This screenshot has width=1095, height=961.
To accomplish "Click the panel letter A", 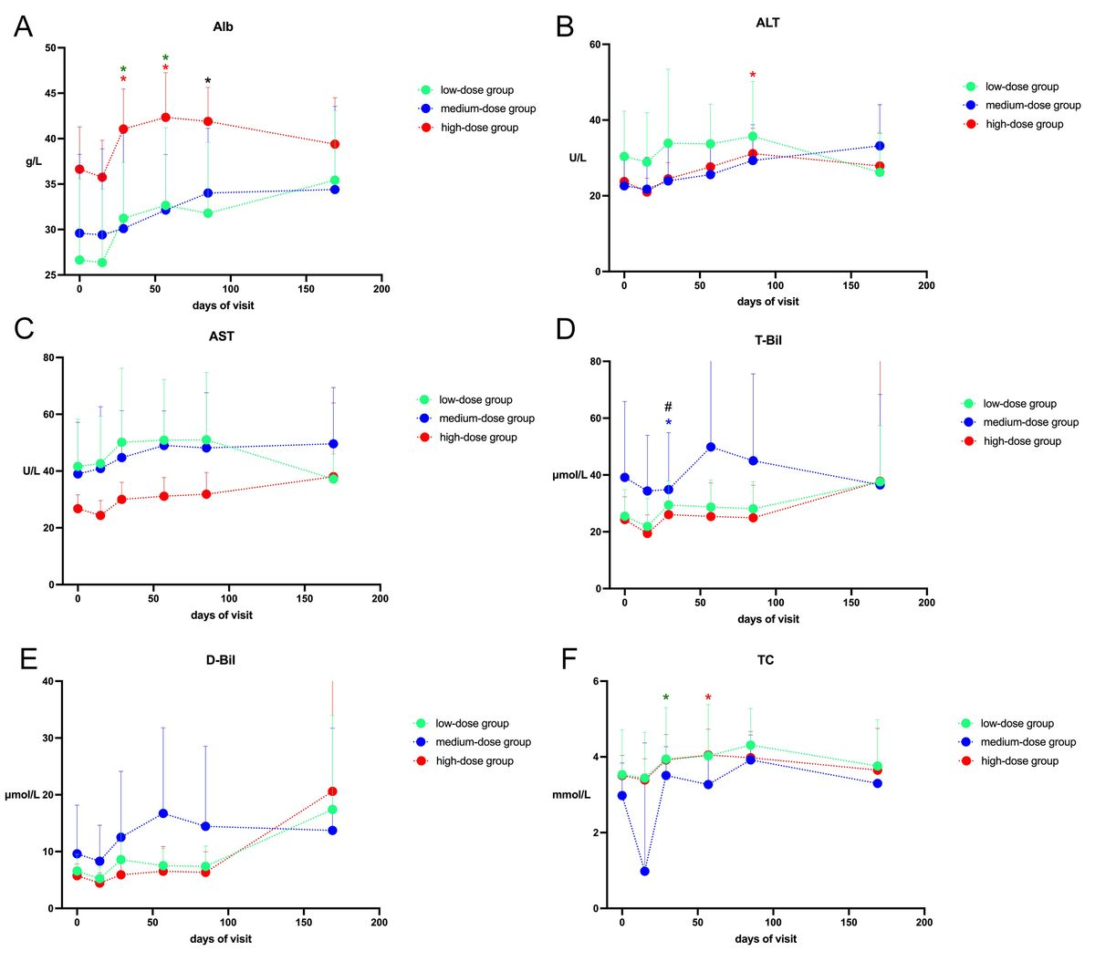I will (x=23, y=26).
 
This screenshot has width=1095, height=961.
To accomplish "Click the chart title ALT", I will (x=767, y=23).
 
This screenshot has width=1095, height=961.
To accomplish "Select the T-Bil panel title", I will (x=768, y=340).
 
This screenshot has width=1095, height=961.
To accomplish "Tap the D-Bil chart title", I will (x=221, y=659).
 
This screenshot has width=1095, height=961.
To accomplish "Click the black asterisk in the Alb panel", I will (x=208, y=82).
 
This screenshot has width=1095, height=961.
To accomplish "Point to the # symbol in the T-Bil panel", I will (x=668, y=407).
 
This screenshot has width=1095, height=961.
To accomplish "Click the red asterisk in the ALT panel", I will (x=753, y=76).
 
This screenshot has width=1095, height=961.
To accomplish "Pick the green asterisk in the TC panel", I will (x=666, y=698).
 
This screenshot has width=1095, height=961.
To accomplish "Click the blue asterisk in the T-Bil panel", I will (x=668, y=423).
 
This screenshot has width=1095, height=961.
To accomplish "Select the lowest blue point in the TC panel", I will (x=644, y=871).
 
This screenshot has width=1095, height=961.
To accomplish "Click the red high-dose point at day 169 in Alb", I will (x=335, y=144).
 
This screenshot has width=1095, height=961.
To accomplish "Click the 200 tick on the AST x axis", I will (x=380, y=599).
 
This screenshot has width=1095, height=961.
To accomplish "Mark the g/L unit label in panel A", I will (x=34, y=161).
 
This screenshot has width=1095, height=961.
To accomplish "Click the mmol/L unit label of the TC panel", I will (x=571, y=795).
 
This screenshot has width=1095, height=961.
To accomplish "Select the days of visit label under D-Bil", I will (x=221, y=939).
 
